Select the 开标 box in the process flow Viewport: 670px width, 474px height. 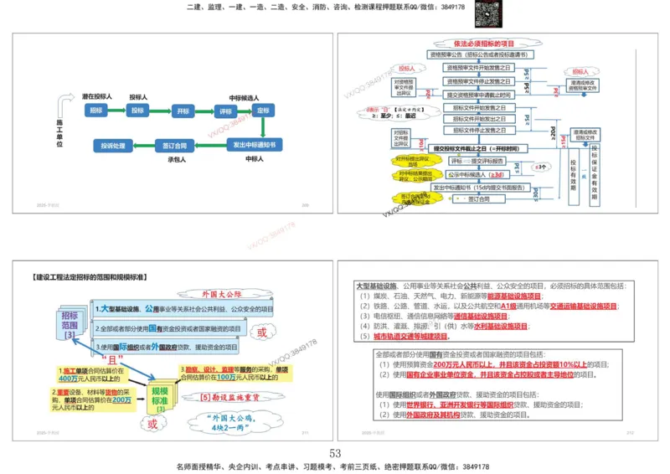(x=183, y=111)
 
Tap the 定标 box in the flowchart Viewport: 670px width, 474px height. (x=263, y=111)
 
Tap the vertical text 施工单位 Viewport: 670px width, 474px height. (x=59, y=132)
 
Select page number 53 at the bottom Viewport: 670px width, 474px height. (x=335, y=453)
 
